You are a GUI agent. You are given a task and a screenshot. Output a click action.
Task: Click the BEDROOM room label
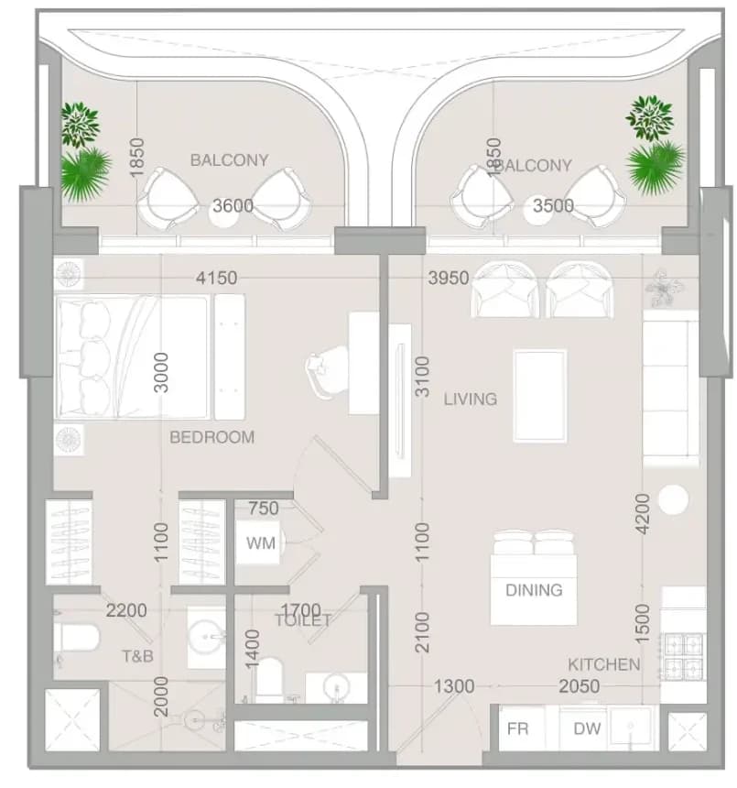click(211, 437)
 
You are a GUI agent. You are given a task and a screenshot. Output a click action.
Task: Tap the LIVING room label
click(471, 399)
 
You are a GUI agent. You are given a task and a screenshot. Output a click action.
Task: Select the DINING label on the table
click(534, 589)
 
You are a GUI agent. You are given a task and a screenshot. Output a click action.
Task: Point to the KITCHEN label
click(604, 664)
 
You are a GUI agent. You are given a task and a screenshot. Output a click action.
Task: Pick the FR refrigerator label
click(517, 728)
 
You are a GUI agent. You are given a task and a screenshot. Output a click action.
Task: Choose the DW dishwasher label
click(587, 728)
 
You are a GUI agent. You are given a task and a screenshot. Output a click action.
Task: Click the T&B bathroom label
click(137, 656)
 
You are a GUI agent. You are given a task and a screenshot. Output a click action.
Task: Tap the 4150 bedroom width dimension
click(216, 278)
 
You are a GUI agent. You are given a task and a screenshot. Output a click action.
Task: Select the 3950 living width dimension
click(449, 278)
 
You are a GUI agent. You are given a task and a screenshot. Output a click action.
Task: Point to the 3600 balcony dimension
click(233, 205)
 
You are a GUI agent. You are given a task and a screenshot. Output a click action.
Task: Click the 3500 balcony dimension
click(553, 205)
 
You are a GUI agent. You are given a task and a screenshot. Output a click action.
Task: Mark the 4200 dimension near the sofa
click(642, 514)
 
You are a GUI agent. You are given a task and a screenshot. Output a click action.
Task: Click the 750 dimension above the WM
click(264, 509)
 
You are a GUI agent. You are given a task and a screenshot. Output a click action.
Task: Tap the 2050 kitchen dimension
click(580, 686)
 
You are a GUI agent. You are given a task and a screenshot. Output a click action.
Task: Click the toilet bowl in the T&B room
click(76, 637)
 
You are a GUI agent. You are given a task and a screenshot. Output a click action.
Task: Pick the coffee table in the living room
click(540, 396)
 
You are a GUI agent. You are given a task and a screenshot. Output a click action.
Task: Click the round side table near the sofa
click(673, 499)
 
